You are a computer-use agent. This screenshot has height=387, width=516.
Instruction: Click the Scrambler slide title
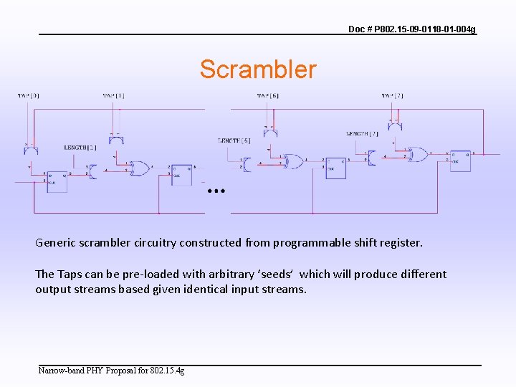click(257, 70)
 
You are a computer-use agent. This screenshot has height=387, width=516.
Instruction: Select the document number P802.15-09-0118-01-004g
click(411, 29)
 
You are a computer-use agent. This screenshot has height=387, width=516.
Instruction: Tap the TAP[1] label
click(113, 95)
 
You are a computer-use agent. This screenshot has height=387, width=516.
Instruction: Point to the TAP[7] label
click(392, 95)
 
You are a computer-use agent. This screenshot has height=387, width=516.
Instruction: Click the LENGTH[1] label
click(80, 148)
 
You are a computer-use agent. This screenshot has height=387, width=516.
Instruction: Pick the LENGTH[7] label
click(362, 134)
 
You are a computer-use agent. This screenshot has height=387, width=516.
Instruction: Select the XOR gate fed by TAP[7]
click(417, 154)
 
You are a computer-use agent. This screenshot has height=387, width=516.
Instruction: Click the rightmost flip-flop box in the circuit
click(459, 161)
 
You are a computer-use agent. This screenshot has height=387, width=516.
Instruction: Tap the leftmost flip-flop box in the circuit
click(57, 179)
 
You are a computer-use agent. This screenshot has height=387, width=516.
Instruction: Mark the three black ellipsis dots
click(216, 191)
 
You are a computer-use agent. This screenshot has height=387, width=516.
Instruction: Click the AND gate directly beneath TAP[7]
click(394, 126)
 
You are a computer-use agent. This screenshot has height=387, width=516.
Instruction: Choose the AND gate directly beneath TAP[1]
click(116, 137)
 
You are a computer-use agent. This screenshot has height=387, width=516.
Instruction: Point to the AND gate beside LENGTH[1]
click(92, 171)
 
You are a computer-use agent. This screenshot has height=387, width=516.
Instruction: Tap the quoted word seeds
click(275, 274)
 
